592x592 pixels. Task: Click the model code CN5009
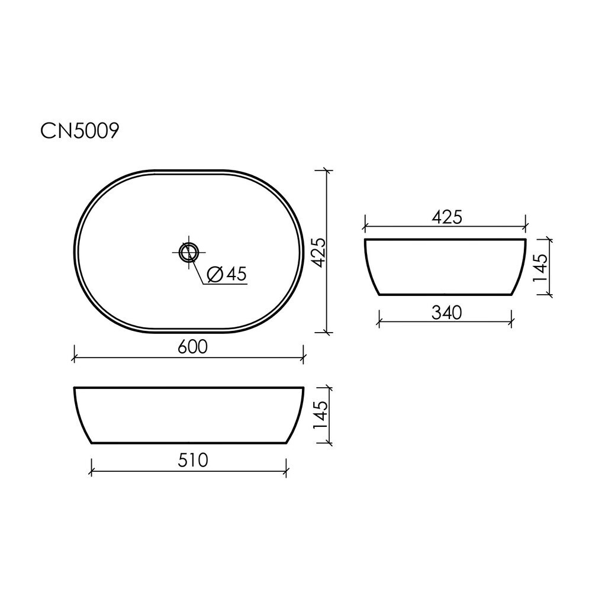tap(80, 131)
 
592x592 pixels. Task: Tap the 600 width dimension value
tap(192, 347)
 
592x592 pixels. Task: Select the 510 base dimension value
tap(193, 460)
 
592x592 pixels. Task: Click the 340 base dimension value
tap(446, 313)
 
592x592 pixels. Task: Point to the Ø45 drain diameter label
tap(227, 274)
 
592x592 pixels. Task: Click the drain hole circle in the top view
tap(189, 252)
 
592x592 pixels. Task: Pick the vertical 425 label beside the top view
tap(318, 253)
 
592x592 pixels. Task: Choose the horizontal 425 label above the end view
tap(447, 217)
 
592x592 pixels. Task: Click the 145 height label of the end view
tap(540, 268)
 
